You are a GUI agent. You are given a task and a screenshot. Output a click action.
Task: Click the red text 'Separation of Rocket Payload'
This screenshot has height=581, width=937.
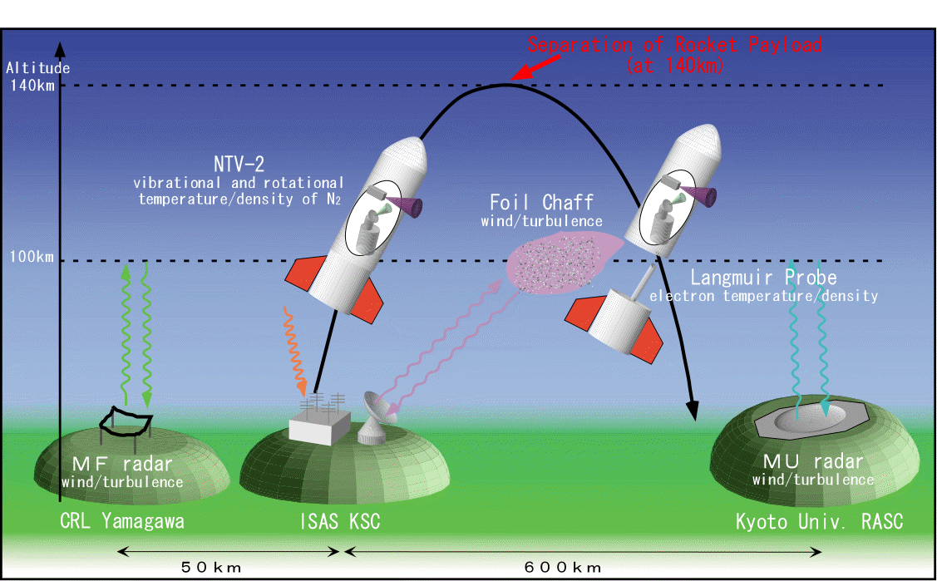click(674, 45)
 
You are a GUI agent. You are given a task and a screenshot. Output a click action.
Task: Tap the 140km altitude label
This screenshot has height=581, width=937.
click(32, 85)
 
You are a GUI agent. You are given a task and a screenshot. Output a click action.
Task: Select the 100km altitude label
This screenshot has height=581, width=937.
click(32, 257)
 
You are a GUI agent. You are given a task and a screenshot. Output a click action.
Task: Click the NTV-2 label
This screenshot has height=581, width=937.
click(239, 165)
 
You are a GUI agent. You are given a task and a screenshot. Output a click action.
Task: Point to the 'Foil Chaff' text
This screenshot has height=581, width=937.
click(542, 203)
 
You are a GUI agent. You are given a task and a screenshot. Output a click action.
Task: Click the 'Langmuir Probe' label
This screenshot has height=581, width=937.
click(763, 278)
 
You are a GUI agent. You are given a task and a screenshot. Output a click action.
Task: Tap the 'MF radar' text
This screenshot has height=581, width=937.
click(121, 464)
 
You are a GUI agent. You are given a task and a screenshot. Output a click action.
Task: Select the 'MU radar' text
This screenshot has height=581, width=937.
click(813, 462)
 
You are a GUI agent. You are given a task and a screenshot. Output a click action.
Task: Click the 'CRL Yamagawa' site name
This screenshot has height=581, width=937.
click(121, 522)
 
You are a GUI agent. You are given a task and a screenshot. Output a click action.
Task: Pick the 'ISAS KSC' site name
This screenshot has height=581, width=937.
click(340, 522)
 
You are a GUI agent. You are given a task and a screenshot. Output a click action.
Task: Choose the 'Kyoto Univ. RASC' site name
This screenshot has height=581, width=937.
click(819, 522)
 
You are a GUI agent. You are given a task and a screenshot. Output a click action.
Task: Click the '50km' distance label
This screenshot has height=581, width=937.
click(211, 568)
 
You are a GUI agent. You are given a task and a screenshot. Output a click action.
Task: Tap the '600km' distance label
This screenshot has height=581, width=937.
click(563, 568)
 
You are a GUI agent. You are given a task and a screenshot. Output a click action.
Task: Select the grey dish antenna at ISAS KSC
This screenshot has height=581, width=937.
click(377, 419)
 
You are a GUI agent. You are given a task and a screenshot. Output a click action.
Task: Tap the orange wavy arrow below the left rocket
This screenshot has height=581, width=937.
click(294, 349)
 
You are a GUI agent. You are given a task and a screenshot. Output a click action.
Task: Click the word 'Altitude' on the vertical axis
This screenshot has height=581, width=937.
click(37, 68)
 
